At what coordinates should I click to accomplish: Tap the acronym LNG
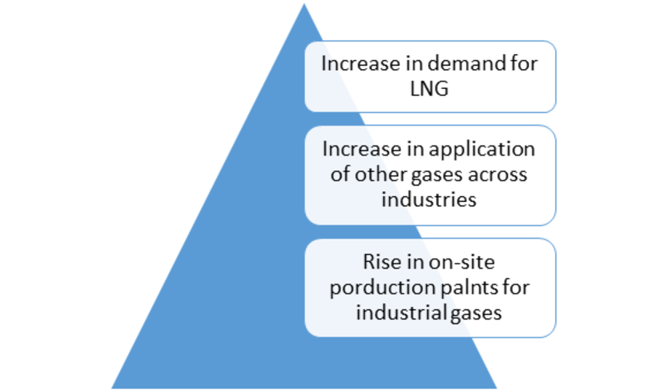click(x=429, y=89)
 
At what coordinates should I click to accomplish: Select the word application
click(x=482, y=150)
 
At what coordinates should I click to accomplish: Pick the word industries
click(x=429, y=199)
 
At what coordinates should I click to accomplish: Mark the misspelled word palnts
click(x=470, y=287)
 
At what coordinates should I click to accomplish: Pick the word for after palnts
click(x=516, y=287)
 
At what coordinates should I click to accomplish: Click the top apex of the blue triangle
click(x=304, y=4)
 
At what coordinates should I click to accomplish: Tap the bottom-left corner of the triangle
click(x=112, y=388)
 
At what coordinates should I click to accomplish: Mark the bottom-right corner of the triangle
click(x=496, y=388)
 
